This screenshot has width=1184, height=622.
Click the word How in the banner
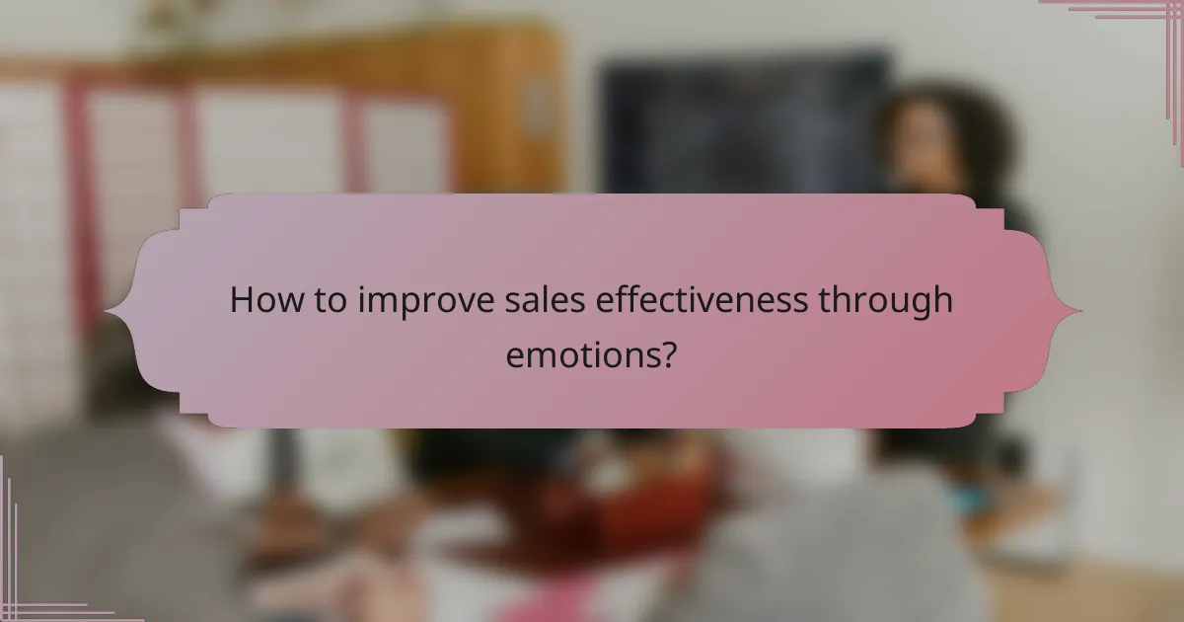[x=259, y=301]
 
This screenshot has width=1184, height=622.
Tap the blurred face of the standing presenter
[x=927, y=148]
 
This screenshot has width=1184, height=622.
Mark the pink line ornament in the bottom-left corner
[x=30, y=583]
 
